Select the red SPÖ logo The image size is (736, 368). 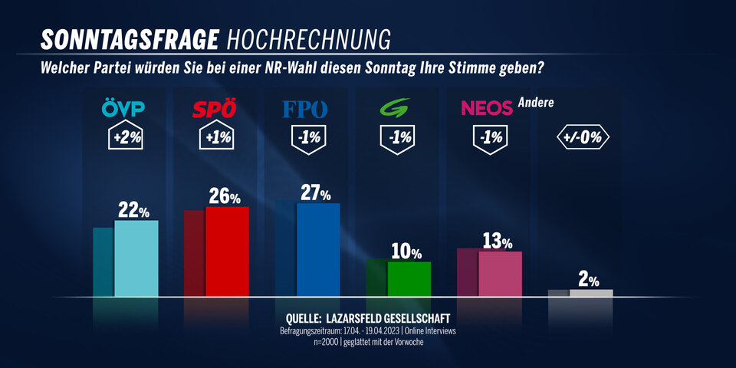214,110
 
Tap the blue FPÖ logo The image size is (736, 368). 305,110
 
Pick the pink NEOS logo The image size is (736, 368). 487,110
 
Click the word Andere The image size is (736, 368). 536,102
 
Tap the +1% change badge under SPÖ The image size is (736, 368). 215,139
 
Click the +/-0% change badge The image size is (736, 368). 581,139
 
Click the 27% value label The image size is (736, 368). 316,193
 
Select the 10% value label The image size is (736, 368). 406,251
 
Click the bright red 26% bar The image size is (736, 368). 227,251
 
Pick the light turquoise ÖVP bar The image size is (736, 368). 136,258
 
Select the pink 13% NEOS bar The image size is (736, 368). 500,274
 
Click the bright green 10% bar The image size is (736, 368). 409,279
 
